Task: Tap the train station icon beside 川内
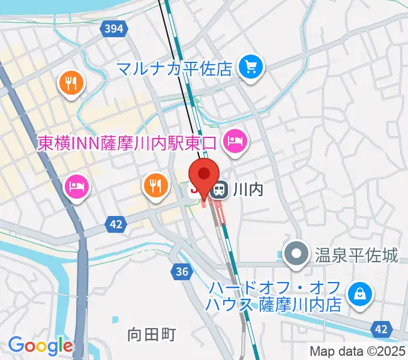click(220, 190)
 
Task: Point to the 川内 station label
click(250, 190)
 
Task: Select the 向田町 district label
click(152, 334)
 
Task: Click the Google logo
click(41, 345)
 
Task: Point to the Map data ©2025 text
click(357, 351)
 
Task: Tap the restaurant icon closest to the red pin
click(155, 185)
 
